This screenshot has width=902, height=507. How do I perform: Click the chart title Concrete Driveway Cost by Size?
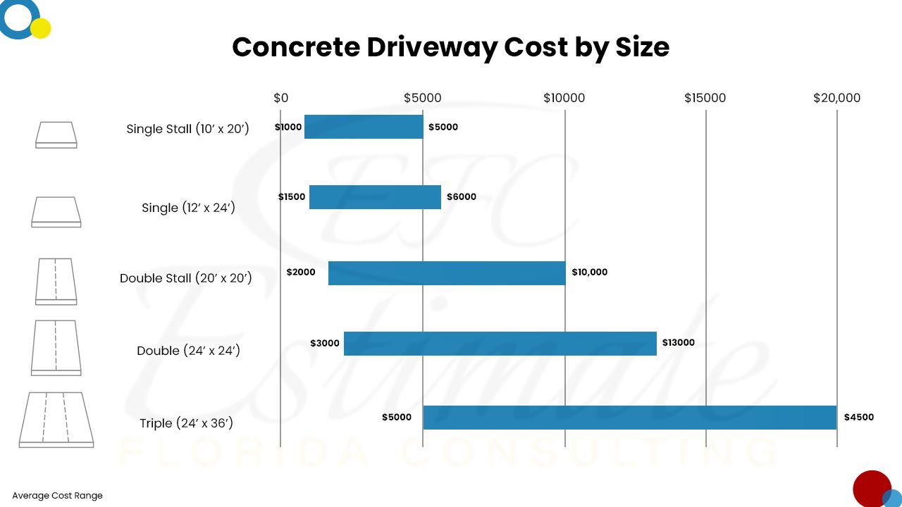[x=450, y=47]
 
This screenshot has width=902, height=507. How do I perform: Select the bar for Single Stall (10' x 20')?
[x=364, y=127]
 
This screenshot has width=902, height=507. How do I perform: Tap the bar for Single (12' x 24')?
[x=375, y=197]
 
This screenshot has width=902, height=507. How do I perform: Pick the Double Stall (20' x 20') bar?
[x=447, y=273]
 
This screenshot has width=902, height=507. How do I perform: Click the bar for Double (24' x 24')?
[x=500, y=344]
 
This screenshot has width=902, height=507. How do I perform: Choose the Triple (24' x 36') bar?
[x=629, y=418]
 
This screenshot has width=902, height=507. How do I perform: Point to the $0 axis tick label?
[x=280, y=98]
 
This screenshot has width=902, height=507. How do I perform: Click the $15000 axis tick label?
[x=705, y=98]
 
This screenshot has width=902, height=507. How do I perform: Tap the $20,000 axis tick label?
[x=836, y=98]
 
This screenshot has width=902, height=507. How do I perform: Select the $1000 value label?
[x=288, y=127]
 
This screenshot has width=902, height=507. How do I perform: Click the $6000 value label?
[x=462, y=197]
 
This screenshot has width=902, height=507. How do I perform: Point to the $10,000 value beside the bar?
[x=589, y=273]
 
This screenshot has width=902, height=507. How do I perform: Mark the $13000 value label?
[x=678, y=343]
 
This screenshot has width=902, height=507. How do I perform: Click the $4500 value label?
[x=858, y=417]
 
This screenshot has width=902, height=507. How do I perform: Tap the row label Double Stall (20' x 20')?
[x=186, y=278]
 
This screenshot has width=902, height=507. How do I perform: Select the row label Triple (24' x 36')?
[x=186, y=423]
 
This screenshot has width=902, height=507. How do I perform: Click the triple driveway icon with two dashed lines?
[x=56, y=420]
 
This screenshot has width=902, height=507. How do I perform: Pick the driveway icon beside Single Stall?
[x=56, y=134]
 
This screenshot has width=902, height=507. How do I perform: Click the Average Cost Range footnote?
[x=57, y=496]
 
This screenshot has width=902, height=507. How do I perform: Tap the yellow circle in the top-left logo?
[x=41, y=28]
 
